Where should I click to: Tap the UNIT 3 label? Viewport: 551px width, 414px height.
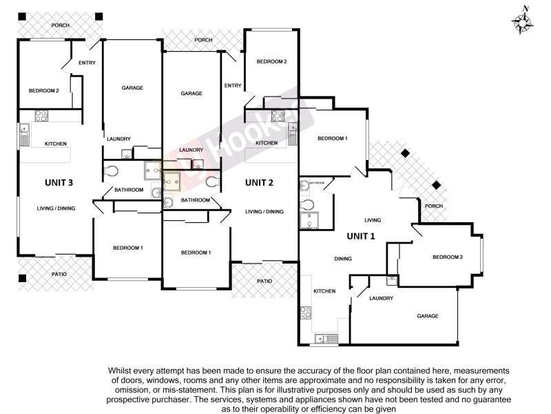coord(59,182)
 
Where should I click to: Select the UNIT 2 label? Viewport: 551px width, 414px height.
coord(260,182)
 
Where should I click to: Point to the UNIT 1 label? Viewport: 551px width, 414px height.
coord(361,236)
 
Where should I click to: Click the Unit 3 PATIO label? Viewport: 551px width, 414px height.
coord(59,275)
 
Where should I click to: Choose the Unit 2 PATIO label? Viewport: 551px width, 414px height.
coord(264,281)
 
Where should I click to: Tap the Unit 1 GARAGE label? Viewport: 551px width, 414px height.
coord(427,316)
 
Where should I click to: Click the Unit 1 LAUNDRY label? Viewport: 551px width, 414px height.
coord(381,298)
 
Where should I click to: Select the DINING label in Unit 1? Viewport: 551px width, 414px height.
coord(343,259)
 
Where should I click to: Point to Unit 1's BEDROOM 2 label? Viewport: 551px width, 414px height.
coord(447,257)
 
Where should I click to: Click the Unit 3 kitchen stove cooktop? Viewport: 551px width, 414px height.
coord(41,116)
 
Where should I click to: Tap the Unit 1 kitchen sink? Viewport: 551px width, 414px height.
coord(323,338)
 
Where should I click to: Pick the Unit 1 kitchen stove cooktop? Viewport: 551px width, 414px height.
coord(304,312)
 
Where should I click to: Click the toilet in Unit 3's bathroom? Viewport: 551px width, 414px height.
coord(111,170)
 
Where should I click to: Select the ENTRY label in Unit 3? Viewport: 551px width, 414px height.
coord(87,63)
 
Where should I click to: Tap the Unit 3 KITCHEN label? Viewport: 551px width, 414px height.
coord(55,144)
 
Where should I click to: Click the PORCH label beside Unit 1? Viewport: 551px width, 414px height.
coord(433,206)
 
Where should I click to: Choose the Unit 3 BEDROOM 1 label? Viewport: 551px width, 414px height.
coord(128,248)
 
